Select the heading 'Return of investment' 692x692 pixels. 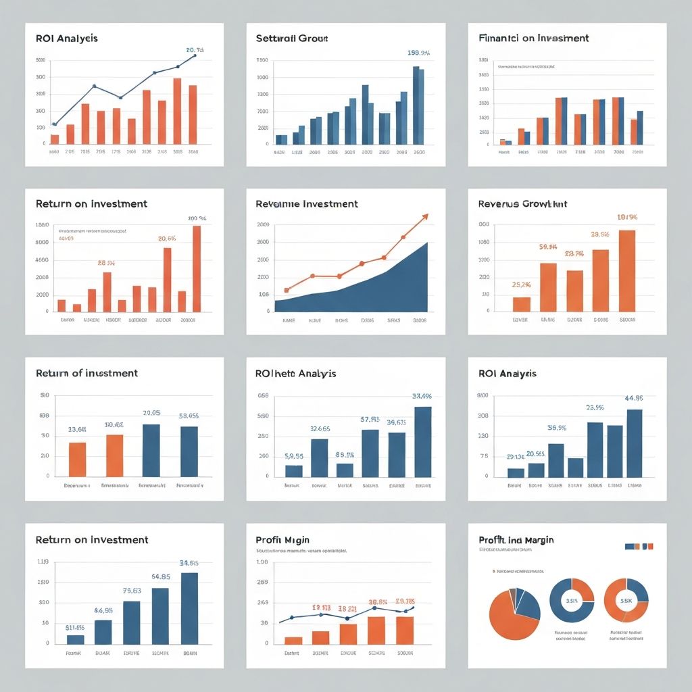[86, 373]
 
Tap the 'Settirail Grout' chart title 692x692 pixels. [292, 39]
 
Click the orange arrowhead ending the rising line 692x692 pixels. [425, 216]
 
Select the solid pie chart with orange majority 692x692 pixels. [514, 613]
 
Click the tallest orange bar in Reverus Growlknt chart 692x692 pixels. [626, 270]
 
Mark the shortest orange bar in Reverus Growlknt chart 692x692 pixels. [522, 304]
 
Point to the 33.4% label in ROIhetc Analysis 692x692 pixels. [422, 397]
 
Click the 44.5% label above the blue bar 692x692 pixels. [633, 398]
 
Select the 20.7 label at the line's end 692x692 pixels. [195, 50]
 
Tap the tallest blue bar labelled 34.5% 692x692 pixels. [189, 608]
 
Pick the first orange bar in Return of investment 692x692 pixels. [78, 460]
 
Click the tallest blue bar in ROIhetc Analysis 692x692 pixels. [422, 441]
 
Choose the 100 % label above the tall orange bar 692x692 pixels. [197, 218]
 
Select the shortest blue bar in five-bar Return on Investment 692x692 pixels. [76, 639]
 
